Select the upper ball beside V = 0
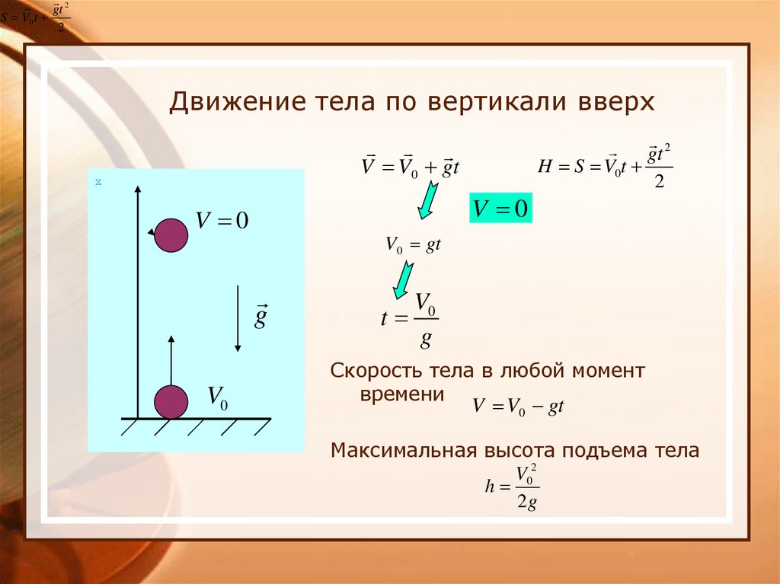click(171, 235)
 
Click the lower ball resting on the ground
click(171, 401)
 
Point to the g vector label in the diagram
click(261, 316)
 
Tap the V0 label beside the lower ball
click(218, 397)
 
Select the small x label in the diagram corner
click(98, 182)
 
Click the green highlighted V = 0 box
click(500, 209)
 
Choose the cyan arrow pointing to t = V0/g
click(402, 279)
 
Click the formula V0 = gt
click(414, 245)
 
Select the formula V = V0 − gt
click(517, 407)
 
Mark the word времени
click(401, 394)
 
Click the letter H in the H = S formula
click(543, 168)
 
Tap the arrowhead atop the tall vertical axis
click(137, 187)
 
